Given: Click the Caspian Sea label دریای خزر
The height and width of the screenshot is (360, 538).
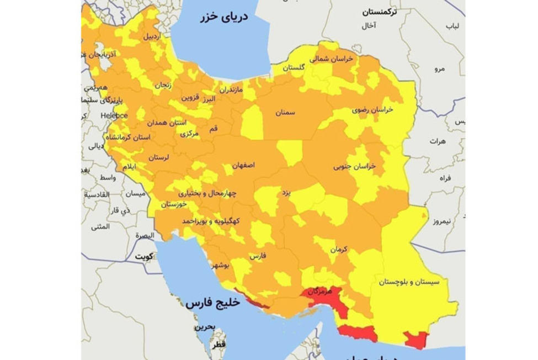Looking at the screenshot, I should pos(223,17).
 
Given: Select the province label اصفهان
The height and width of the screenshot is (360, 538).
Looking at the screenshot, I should pos(243,165).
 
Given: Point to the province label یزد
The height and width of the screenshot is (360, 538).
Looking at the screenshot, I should pos(286,193).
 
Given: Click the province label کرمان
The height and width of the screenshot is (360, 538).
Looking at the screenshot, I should pos(339,250).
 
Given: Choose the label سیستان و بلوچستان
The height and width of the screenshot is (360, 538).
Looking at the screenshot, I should pos(409,282).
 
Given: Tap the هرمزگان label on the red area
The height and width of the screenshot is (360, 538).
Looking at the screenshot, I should pos(321,291).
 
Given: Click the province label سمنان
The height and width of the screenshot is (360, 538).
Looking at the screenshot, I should pos(285,113).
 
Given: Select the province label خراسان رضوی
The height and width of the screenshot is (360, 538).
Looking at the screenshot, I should pos(372,110).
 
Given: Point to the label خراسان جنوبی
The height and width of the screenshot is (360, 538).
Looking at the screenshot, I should pos(354,166).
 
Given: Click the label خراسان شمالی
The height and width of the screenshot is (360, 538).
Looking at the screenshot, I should pos(331,59).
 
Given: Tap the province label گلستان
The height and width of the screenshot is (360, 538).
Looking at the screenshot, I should pos(294,68).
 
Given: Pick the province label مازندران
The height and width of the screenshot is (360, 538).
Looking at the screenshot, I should pos(231,89).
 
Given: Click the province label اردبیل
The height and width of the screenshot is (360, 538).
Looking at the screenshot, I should pos(152,37).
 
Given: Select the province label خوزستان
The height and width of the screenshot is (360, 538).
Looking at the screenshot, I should pos(174,204).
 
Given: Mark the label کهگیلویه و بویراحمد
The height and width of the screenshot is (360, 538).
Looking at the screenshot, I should pos(211,221).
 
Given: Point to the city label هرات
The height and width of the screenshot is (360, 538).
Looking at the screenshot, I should pos(438,141).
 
